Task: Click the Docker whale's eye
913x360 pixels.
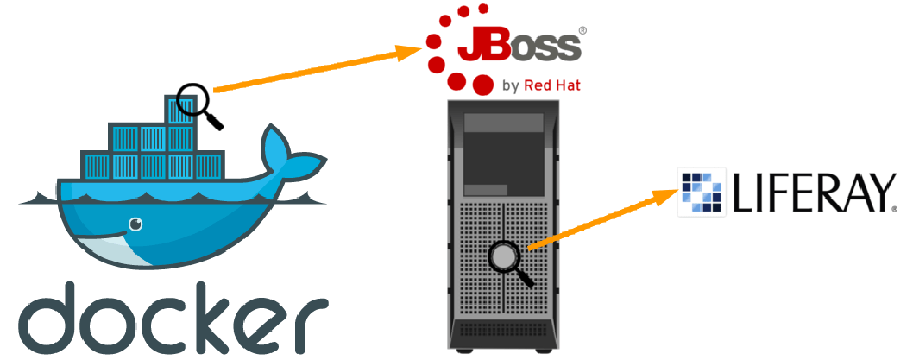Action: click(135, 225)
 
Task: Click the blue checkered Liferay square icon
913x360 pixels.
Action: click(702, 193)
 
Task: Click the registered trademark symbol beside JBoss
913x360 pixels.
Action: click(582, 30)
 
